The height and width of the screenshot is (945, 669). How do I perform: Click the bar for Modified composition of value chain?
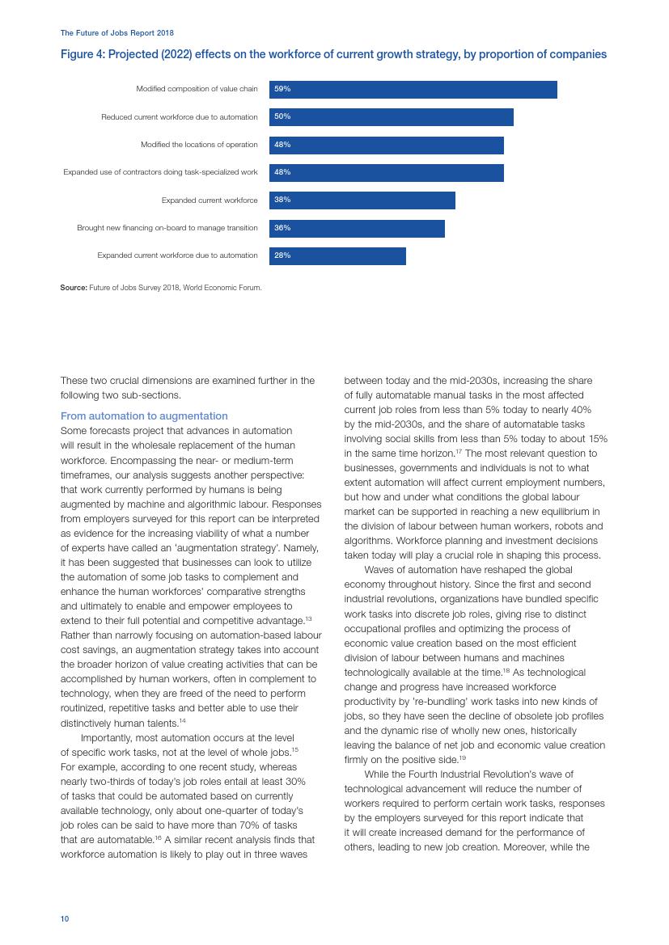413,89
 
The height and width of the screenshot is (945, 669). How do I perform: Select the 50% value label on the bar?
282,116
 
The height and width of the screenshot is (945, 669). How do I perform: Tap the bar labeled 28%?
337,255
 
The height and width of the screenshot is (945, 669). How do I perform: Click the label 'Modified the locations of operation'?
199,145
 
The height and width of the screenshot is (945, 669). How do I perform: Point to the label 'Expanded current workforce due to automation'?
177,255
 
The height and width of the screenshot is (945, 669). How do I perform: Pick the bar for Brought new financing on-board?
357,228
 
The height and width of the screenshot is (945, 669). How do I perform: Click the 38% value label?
282,200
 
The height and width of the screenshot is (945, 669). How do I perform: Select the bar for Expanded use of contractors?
386,172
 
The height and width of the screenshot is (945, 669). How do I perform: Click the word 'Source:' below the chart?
73,287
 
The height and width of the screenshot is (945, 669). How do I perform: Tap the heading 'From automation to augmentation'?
144,416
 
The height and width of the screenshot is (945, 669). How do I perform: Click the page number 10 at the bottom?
65,919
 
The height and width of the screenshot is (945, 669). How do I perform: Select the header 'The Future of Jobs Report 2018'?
116,33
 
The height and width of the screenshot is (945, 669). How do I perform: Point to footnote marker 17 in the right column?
458,450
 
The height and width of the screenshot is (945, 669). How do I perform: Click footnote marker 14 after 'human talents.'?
183,720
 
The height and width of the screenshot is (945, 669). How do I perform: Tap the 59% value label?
282,89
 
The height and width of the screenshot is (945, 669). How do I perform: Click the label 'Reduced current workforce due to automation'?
179,117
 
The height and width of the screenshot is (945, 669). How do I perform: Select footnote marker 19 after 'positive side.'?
463,757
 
